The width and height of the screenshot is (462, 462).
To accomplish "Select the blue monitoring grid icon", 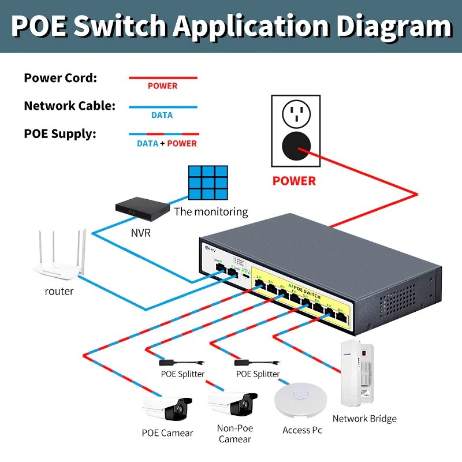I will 207,184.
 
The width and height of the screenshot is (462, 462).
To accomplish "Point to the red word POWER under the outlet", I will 294,181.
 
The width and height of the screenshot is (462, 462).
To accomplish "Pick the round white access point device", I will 301,402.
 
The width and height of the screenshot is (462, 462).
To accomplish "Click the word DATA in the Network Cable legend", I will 162,115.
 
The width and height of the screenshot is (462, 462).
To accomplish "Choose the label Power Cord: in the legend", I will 60,78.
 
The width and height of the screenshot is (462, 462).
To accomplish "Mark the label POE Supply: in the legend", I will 60,134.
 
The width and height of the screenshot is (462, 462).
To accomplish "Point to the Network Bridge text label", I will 364,419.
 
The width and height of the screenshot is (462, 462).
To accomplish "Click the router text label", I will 59,291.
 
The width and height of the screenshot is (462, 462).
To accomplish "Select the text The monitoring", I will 211,211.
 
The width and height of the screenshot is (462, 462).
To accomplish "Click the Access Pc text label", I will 302,430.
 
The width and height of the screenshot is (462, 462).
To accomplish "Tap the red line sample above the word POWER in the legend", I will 162,77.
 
